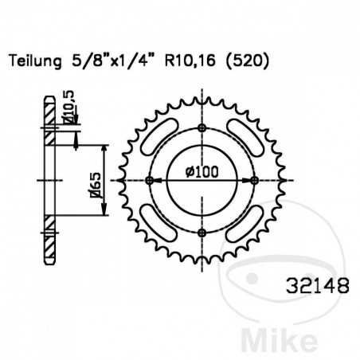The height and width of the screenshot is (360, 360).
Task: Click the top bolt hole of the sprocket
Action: coord(202,128)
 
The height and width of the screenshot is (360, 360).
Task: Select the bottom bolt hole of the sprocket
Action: coord(202,233)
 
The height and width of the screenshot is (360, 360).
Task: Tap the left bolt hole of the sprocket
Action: coord(150,181)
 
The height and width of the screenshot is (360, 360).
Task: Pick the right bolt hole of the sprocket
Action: coord(254,181)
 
